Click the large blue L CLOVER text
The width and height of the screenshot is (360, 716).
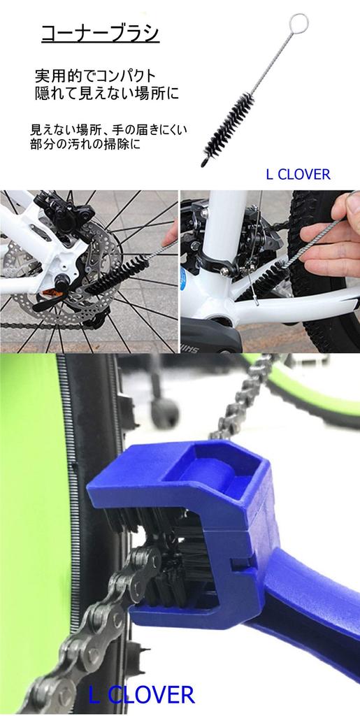[x=141, y=694]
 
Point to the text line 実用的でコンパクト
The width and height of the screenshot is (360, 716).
[x=96, y=75]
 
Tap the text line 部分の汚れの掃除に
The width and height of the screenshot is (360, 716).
[x=86, y=148]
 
